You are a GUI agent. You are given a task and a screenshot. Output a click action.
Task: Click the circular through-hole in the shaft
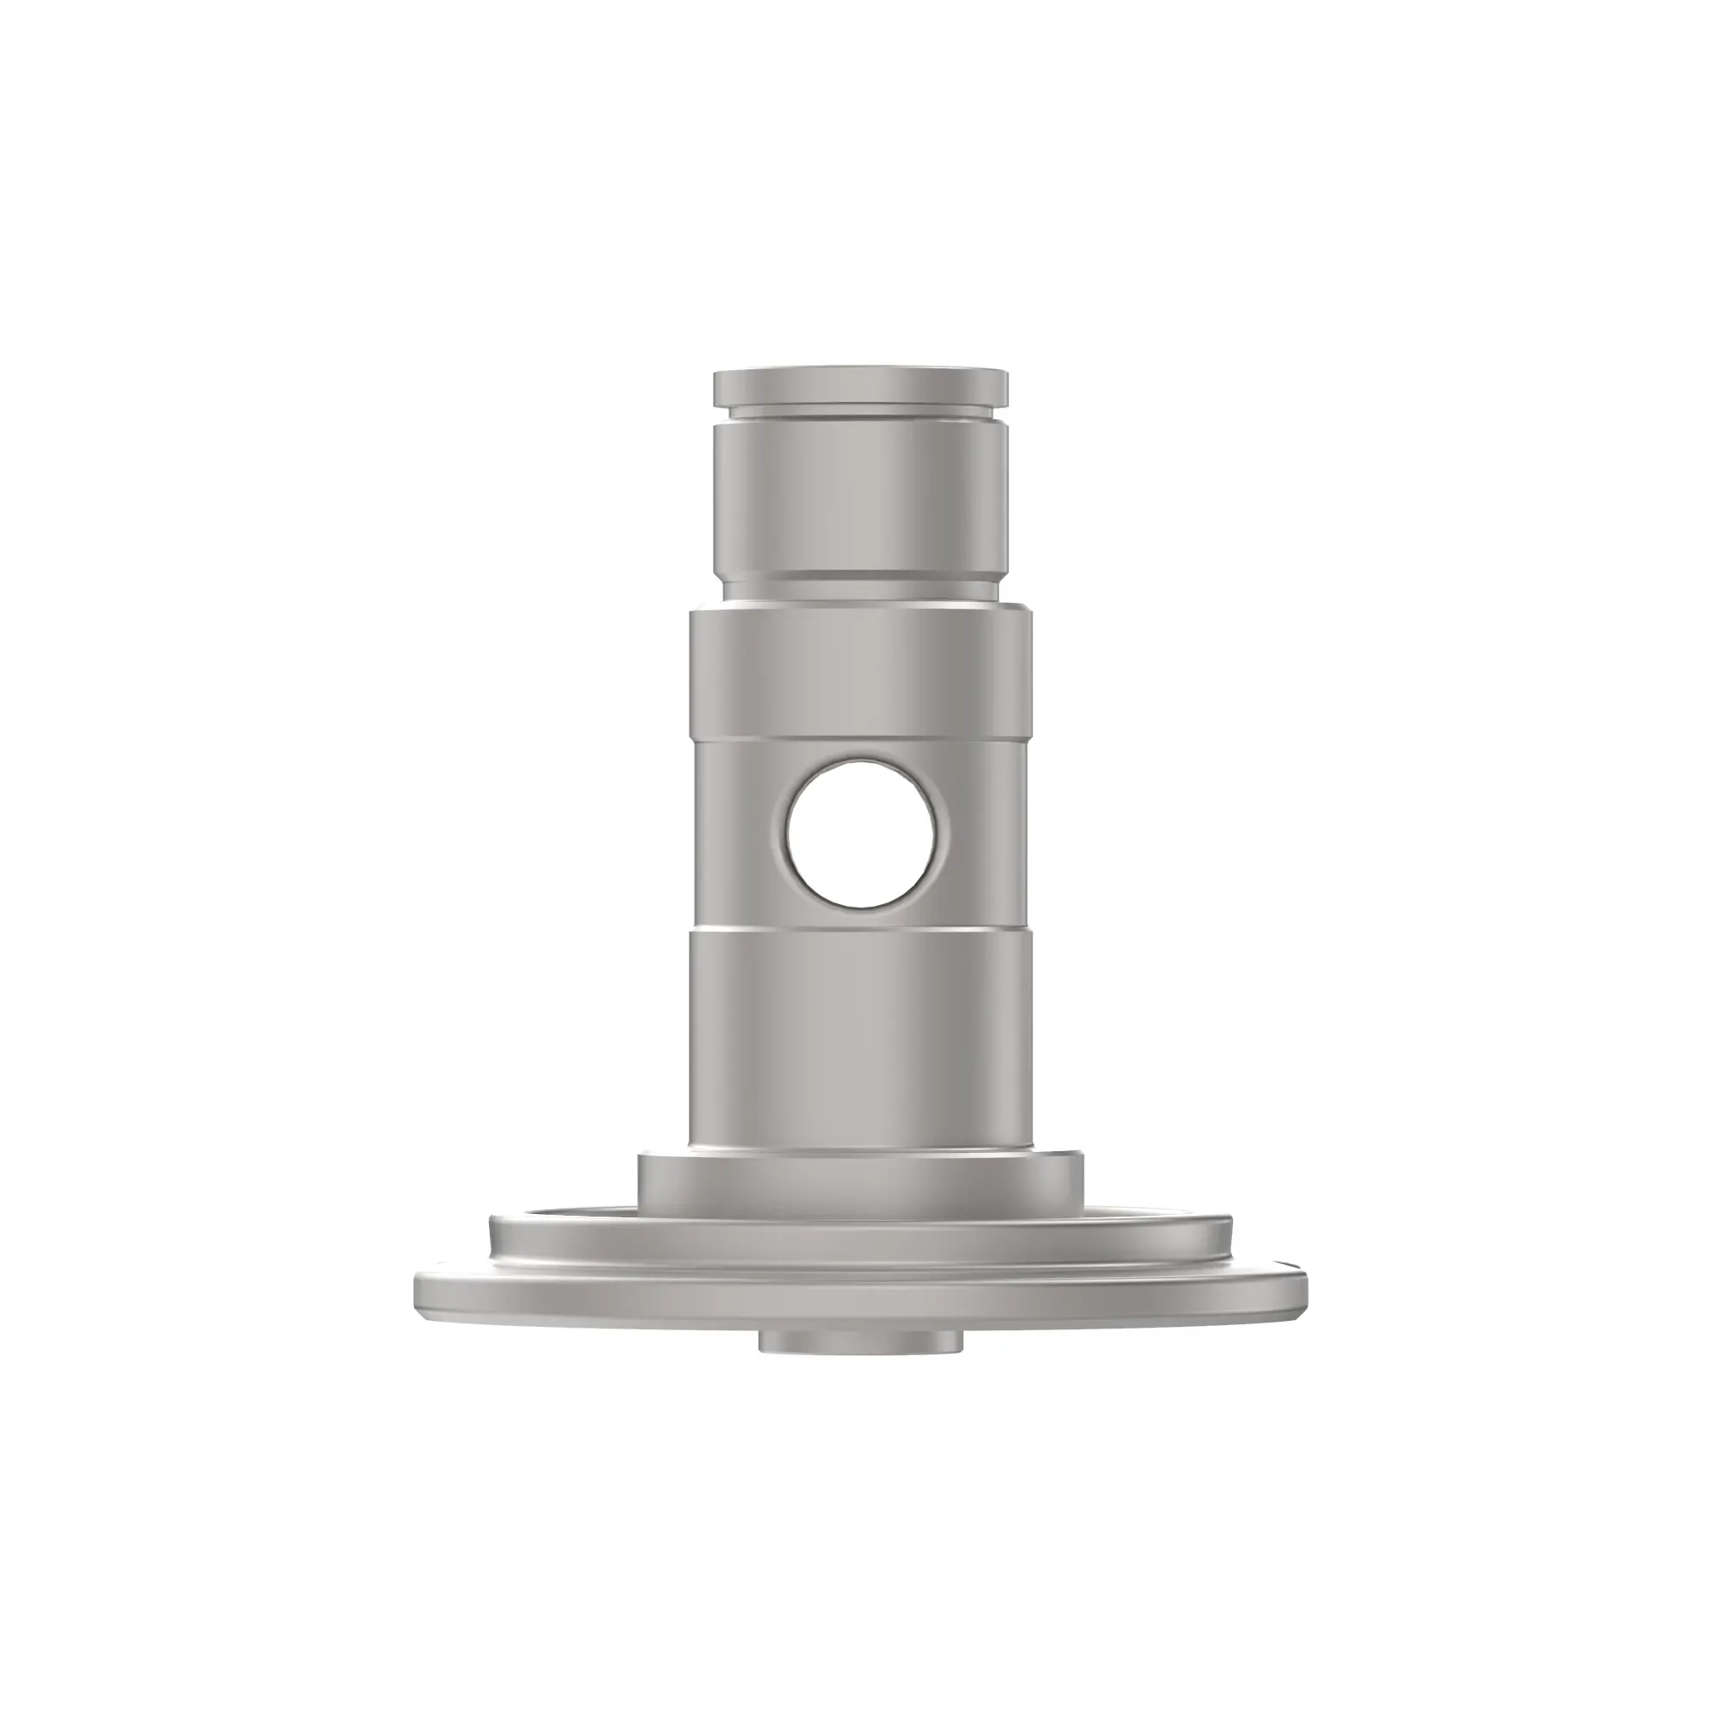[861, 833]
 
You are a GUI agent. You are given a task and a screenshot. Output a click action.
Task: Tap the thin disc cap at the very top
[861, 385]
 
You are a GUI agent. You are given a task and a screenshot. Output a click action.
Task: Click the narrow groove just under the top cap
[861, 412]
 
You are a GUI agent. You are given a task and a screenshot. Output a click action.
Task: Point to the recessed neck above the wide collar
[861, 589]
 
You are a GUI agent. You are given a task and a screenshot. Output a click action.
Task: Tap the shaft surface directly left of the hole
[735, 833]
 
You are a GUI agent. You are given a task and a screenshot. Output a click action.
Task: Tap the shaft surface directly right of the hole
[985, 833]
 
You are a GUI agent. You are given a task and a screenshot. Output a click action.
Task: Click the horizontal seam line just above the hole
[861, 739]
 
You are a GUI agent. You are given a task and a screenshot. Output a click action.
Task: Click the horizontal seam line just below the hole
[861, 930]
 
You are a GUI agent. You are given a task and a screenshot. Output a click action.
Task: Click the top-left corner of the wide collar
[692, 612]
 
